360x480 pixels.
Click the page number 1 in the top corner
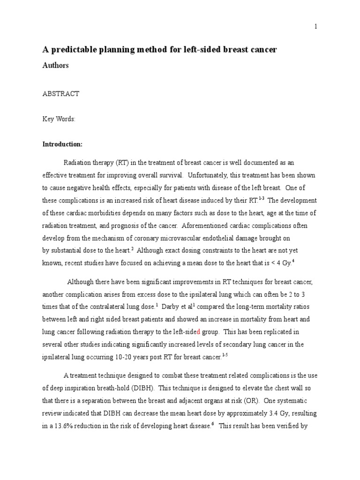[x=316, y=27]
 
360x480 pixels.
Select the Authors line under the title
[x=56, y=66]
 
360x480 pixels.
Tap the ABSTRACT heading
[x=61, y=94]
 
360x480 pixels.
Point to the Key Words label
[x=59, y=119]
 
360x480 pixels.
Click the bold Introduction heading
[x=62, y=144]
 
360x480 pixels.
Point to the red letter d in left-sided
[x=198, y=332]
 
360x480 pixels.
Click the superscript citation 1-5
[x=225, y=355]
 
